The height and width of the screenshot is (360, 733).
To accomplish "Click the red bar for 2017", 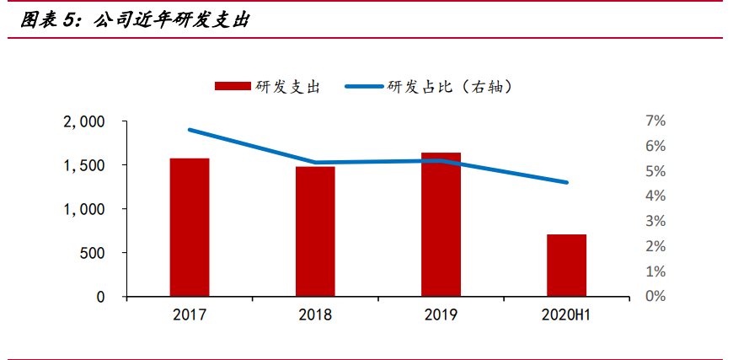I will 189,227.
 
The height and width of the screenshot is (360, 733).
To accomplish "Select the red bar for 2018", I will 315,231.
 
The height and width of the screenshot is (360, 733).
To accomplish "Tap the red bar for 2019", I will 441,224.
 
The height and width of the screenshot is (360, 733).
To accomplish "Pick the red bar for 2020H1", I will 566,265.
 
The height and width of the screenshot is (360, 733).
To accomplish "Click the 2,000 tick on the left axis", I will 84,121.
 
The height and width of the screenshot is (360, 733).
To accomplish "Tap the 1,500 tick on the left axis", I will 84,165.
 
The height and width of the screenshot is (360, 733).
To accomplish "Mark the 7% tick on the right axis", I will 655,121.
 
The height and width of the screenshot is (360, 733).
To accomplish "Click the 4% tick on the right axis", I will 655,196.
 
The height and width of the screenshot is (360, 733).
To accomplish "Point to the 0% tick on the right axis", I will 655,297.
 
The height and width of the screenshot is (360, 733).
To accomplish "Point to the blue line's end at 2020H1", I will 566,182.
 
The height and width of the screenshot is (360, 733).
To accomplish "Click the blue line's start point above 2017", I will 190,130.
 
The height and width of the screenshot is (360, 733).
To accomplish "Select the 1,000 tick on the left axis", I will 84,209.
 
